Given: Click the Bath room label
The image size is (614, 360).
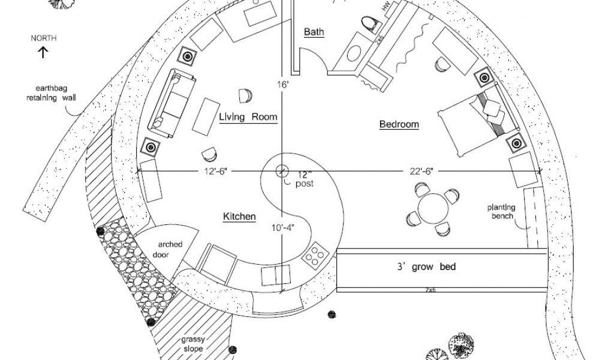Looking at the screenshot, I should (x=314, y=32).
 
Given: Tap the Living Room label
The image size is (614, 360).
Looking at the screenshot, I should (x=248, y=117).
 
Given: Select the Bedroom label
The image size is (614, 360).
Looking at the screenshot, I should (x=399, y=125).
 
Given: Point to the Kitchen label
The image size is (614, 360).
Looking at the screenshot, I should (x=239, y=217).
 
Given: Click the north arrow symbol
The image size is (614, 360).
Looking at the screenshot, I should (x=44, y=53).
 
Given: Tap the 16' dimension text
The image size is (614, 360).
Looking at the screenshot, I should (x=283, y=85).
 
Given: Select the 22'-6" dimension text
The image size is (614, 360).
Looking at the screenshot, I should (x=422, y=172).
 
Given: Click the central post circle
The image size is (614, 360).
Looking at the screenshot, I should (x=281, y=170).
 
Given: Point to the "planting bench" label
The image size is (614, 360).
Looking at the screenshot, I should (x=501, y=212).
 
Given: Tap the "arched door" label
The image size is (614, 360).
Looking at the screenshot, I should (x=170, y=250).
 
